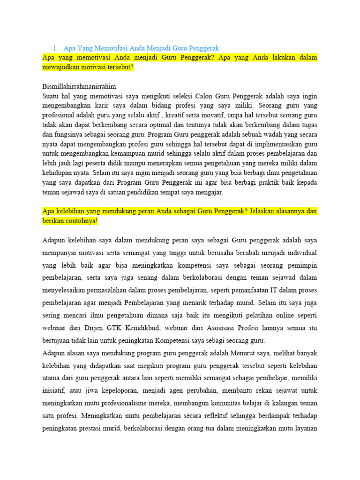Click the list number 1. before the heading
[55, 48]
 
